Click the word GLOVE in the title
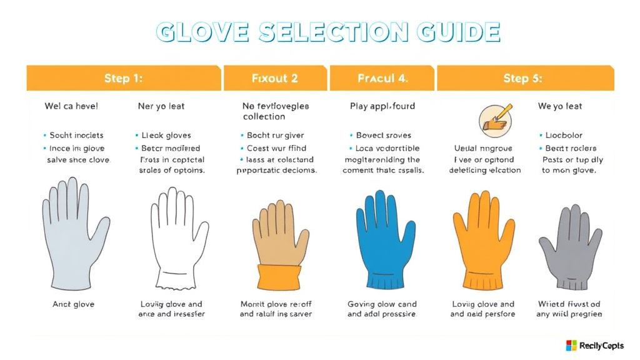201,32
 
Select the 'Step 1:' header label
123,79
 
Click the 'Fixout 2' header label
274,79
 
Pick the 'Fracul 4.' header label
382,79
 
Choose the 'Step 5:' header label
522,79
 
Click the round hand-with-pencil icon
495,119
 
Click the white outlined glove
179,241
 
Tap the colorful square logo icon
571,346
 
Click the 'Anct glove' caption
74,304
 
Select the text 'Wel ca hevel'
71,106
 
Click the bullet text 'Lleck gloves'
166,135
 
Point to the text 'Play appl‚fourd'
382,106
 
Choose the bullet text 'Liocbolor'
564,135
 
